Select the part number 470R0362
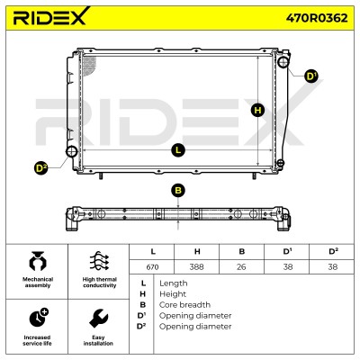tap(317, 18)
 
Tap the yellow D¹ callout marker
tap(311, 76)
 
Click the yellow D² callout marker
tap(41, 168)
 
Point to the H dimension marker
tap(257, 111)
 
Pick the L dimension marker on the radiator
tap(178, 150)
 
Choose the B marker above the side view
tap(178, 191)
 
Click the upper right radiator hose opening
tap(283, 62)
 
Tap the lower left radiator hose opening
tap(72, 151)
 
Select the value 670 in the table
tap(152, 266)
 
